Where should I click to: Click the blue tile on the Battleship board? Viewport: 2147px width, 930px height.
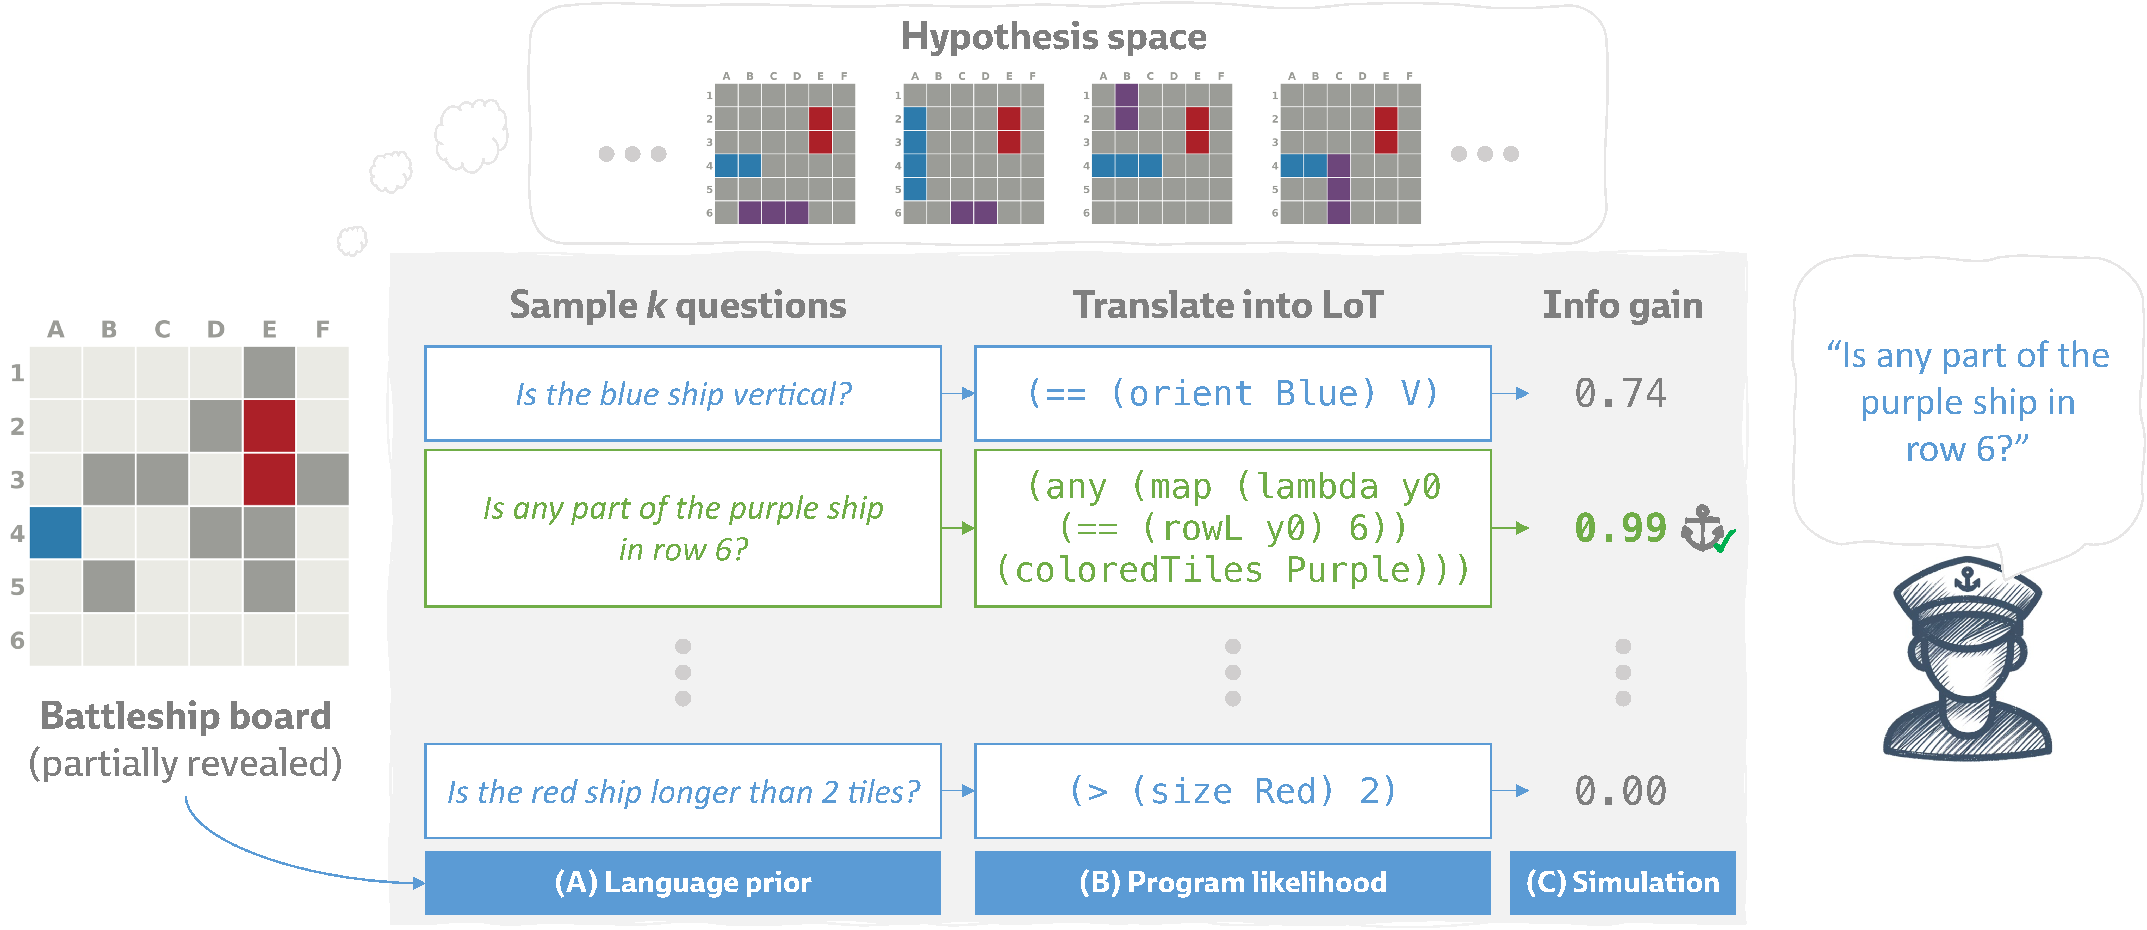tap(56, 532)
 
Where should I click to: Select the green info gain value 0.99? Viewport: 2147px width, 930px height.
tap(1620, 528)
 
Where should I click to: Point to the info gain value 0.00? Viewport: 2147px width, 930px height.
tap(1620, 791)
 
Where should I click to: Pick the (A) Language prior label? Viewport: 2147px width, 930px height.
tap(682, 883)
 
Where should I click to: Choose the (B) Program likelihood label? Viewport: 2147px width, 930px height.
tap(1233, 883)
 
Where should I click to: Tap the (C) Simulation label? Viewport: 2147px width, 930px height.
tap(1622, 883)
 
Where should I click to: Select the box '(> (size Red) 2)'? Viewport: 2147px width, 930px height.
tap(1233, 791)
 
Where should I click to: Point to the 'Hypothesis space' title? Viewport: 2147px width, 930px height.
tap(1053, 37)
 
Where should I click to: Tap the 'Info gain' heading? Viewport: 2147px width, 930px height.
tap(1622, 305)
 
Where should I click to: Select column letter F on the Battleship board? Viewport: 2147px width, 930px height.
tap(322, 330)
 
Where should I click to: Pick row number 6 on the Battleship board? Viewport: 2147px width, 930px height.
tap(17, 641)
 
